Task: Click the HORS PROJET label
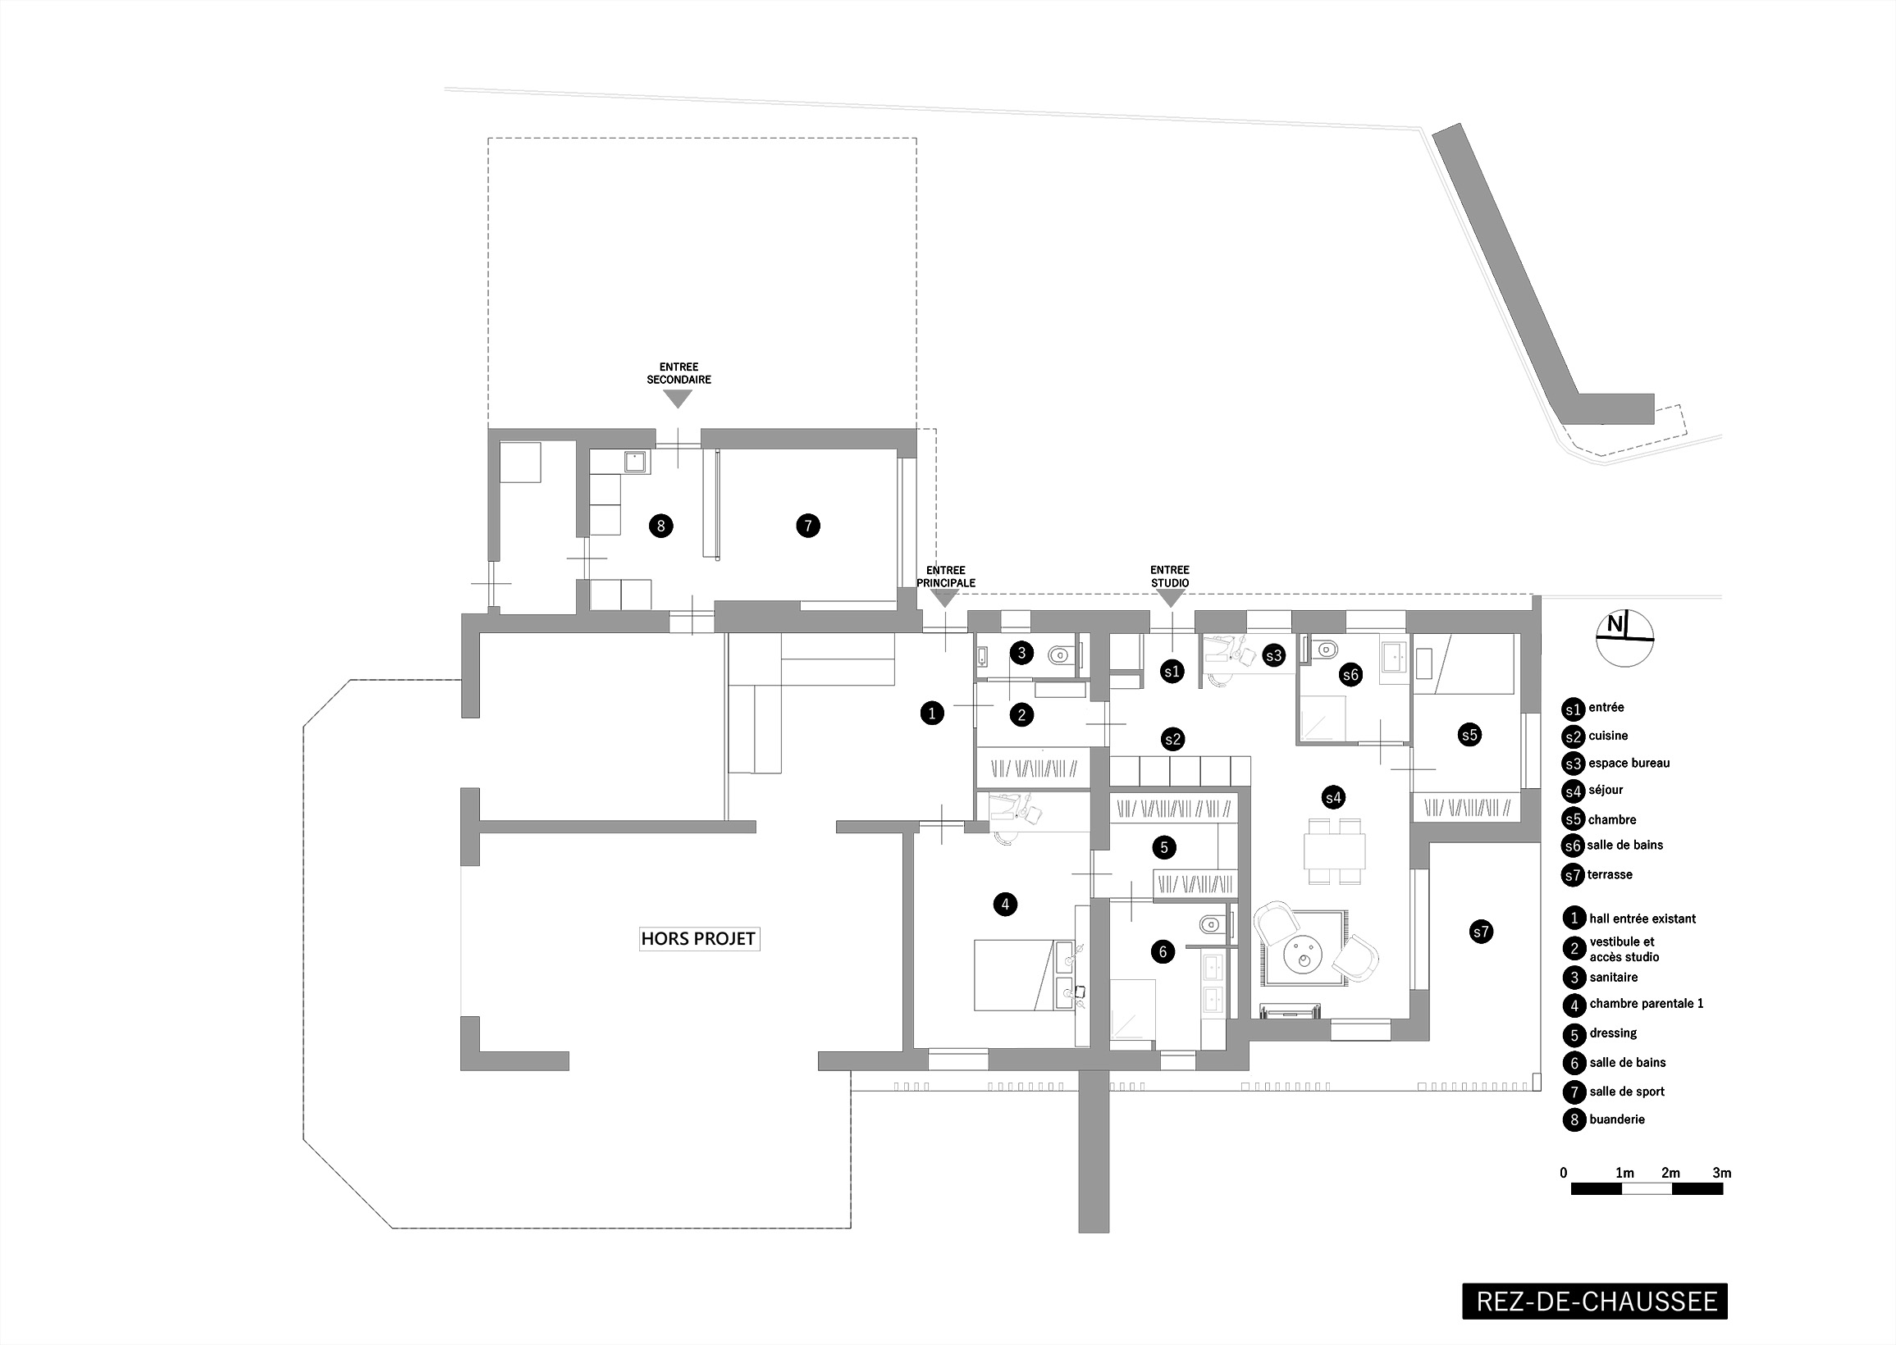(x=699, y=938)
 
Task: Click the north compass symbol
(x=1624, y=638)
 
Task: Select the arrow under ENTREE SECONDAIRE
(x=678, y=399)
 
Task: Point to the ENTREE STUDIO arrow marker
(x=1170, y=598)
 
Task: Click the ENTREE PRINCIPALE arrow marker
(x=945, y=598)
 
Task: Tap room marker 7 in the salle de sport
(x=807, y=525)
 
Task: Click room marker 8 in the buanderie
(x=660, y=525)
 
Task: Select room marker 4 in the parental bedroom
(x=1005, y=905)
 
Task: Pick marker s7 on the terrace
(x=1481, y=932)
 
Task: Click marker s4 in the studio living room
(x=1332, y=797)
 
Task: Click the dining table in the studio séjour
(x=1334, y=850)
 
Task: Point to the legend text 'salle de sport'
(x=1627, y=1092)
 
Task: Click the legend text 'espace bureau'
(x=1629, y=763)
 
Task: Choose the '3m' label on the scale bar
(x=1721, y=1173)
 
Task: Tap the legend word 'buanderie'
(x=1617, y=1119)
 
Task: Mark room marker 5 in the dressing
(x=1164, y=847)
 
